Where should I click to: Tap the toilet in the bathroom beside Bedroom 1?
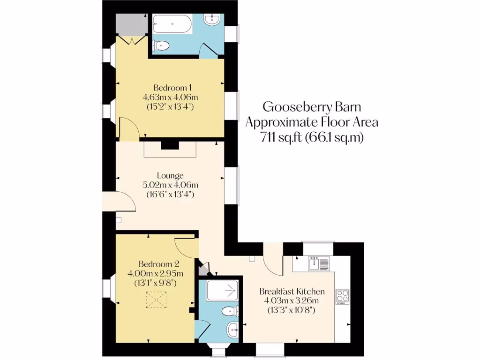(162, 46)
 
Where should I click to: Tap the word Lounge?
(170, 176)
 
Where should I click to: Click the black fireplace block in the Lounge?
(170, 146)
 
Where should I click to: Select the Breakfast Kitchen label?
(292, 291)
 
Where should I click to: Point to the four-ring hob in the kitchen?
(342, 296)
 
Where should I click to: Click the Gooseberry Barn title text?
(312, 107)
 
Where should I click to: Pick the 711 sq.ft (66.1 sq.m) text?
(312, 138)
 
